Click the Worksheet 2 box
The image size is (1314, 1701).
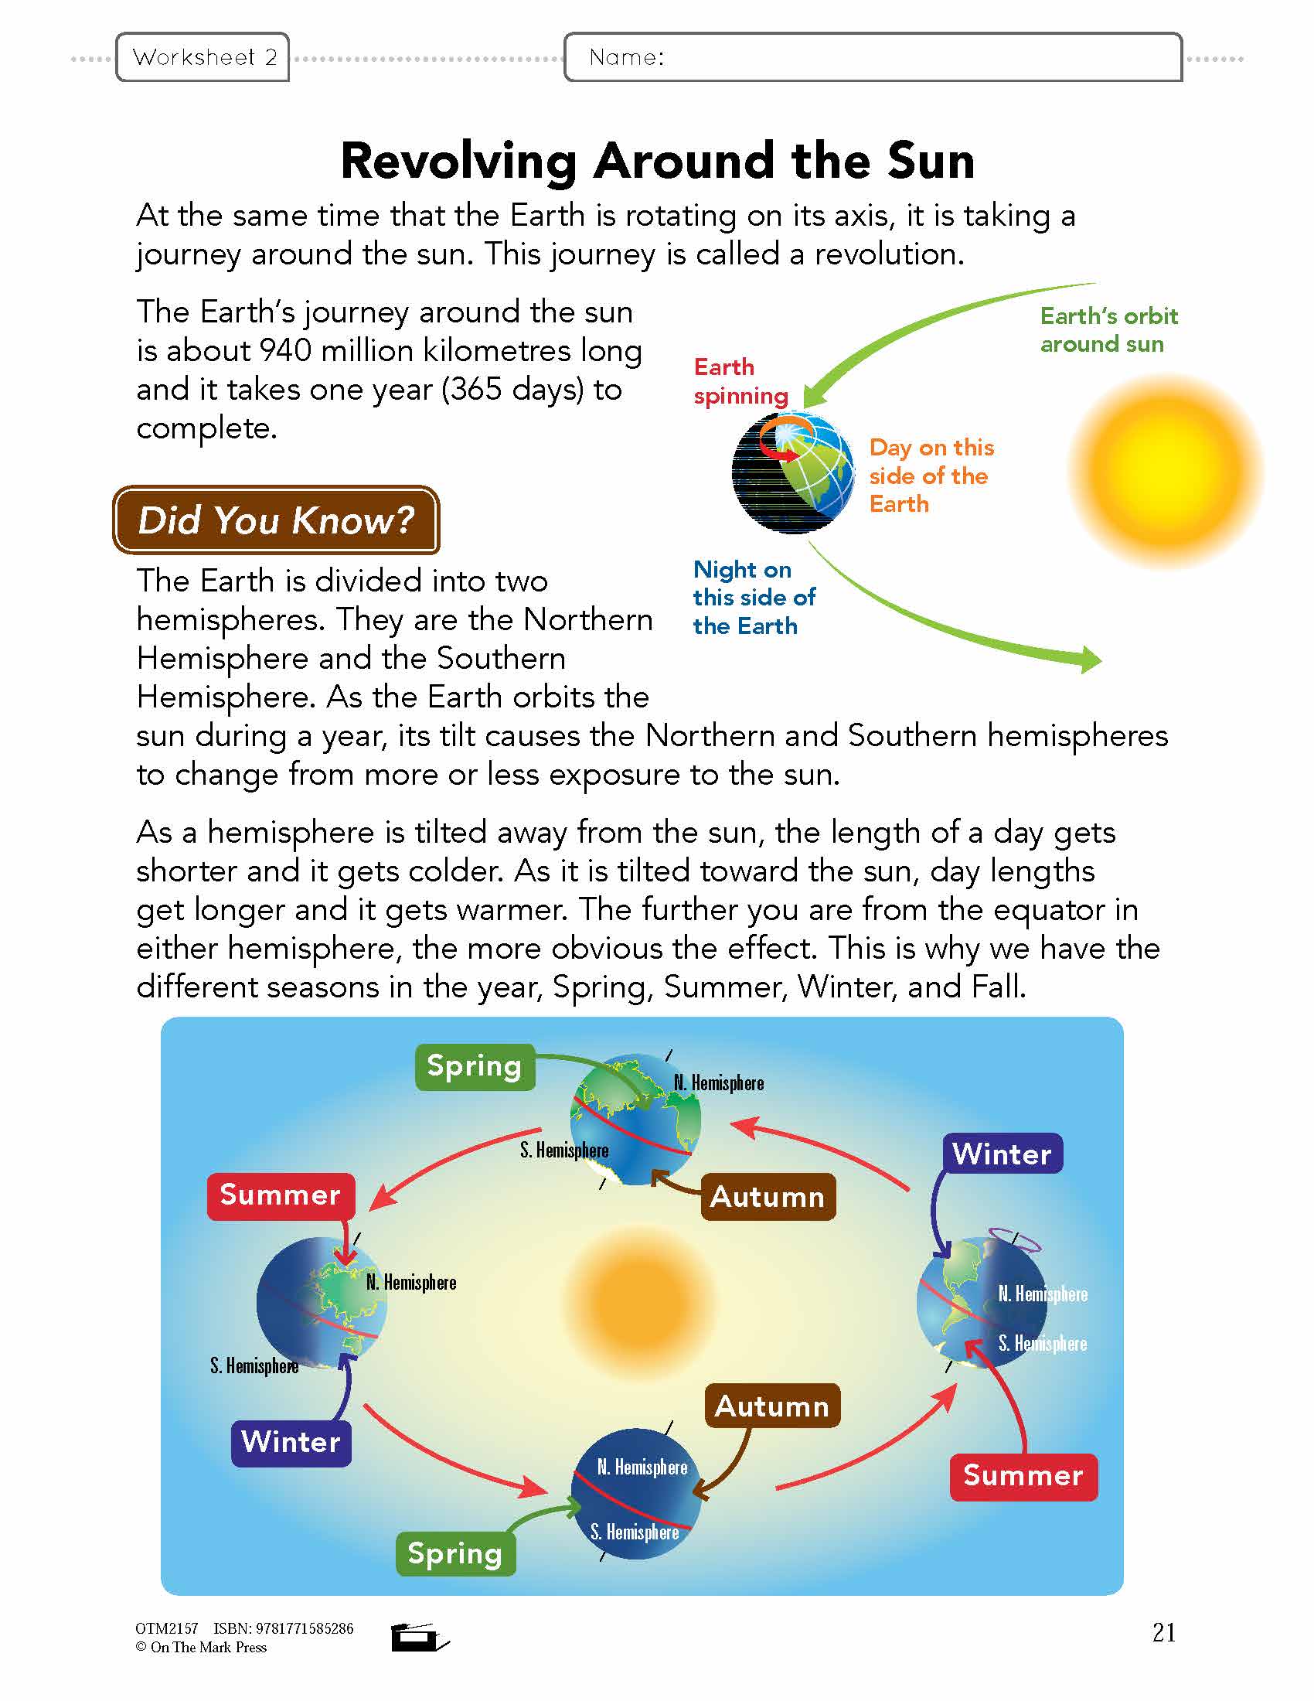[x=203, y=57]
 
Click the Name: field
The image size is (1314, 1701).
[x=872, y=57]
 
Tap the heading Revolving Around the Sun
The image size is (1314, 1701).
[x=657, y=162]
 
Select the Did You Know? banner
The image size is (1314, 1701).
[x=277, y=520]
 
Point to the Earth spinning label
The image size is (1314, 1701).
[x=740, y=381]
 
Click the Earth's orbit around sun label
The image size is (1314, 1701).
[x=1108, y=329]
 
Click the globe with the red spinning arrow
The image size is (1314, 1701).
[x=793, y=472]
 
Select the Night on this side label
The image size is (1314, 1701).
[x=753, y=598]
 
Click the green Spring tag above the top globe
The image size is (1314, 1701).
[x=474, y=1066]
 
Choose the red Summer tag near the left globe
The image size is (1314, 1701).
[x=281, y=1195]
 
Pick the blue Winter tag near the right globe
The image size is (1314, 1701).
[x=1002, y=1154]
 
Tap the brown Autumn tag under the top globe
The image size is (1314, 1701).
[x=768, y=1197]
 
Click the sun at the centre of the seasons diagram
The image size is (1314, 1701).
[x=640, y=1300]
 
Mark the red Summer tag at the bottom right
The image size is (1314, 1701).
[x=1023, y=1476]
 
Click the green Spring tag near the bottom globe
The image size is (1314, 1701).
[x=454, y=1553]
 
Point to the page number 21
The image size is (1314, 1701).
[x=1163, y=1632]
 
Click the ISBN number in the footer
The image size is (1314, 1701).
[x=284, y=1628]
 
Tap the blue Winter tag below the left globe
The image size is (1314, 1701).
[x=291, y=1442]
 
